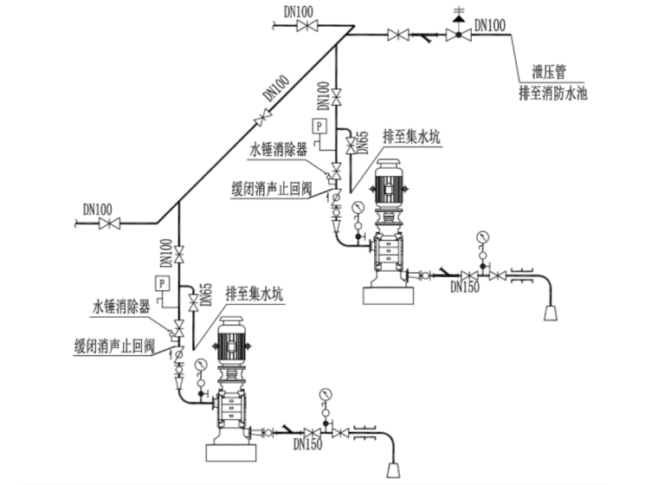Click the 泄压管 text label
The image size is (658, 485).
[x=548, y=74]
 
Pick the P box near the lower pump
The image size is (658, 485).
[x=162, y=282]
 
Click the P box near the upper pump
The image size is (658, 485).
[x=319, y=126]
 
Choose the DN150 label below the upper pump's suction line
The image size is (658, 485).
[x=465, y=288]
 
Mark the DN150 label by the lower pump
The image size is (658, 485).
[x=307, y=445]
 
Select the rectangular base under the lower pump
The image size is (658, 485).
[x=233, y=451]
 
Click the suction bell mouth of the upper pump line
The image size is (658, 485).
[x=551, y=311]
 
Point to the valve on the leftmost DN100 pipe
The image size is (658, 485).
[x=109, y=223]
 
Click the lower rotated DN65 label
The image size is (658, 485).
[x=206, y=295]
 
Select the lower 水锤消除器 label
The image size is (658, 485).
[x=122, y=307]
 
